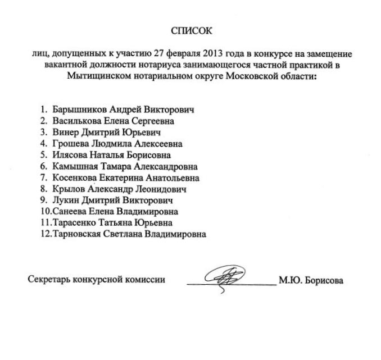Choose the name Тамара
coord(116,166)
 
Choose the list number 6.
coord(43,166)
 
